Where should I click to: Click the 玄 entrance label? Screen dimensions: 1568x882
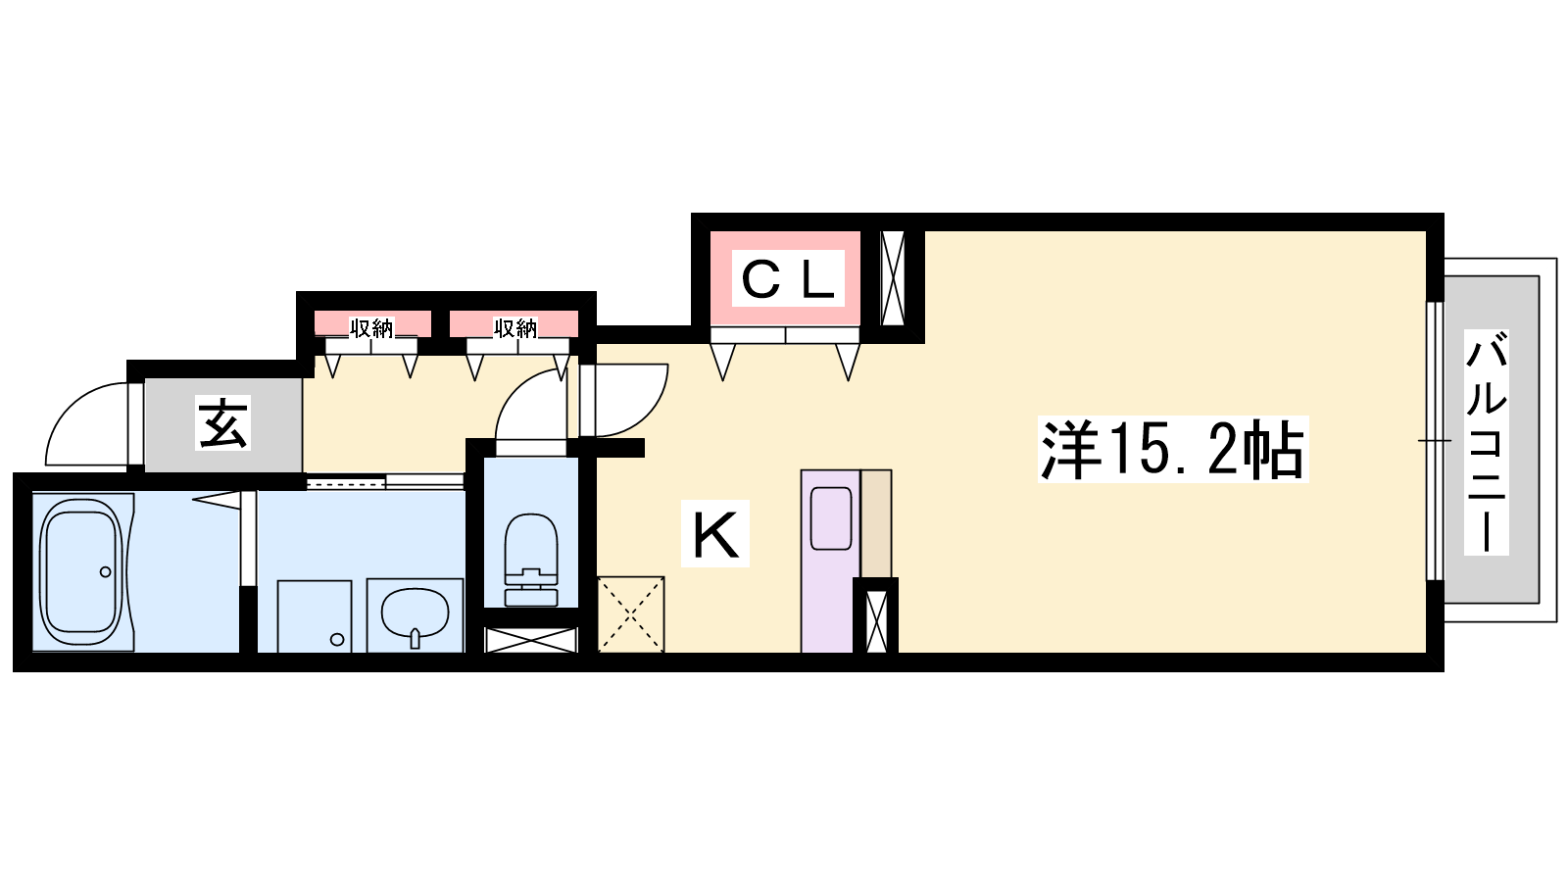[x=223, y=424]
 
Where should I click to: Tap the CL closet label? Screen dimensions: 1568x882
[x=788, y=278]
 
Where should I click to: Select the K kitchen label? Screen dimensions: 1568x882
[x=715, y=533]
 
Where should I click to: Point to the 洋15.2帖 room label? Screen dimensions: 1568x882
[x=1173, y=450]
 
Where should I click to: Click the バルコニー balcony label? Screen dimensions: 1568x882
[x=1486, y=442]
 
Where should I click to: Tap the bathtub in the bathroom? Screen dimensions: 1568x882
[x=82, y=572]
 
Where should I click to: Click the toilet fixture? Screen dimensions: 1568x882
[x=531, y=560]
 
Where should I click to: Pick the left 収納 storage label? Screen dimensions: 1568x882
[x=371, y=327]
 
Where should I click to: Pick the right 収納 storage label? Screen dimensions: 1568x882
[x=515, y=327]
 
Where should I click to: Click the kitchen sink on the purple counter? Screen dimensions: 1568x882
[x=831, y=518]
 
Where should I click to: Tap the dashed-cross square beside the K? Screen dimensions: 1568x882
[x=631, y=614]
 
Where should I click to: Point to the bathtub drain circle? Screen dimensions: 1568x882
[x=106, y=572]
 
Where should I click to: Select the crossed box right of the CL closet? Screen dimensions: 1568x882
[x=893, y=278]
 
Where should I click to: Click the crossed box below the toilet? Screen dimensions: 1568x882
[x=531, y=640]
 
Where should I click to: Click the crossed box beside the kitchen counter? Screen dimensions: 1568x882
[x=876, y=621]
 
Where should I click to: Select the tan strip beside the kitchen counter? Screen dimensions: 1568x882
[x=876, y=523]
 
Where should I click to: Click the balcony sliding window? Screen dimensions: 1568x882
[x=1435, y=441]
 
